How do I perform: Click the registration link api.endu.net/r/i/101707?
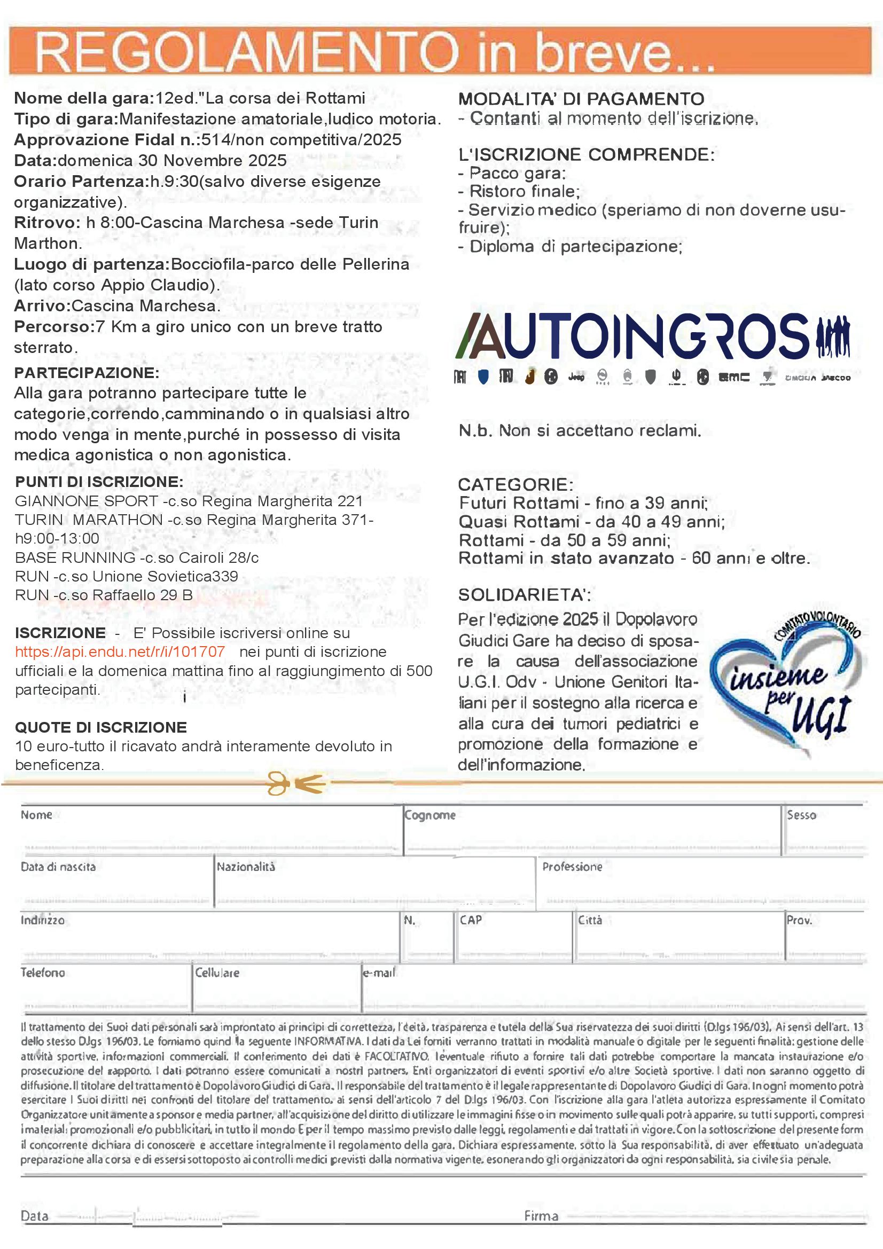coord(120,651)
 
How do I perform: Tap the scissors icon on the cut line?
coord(296,783)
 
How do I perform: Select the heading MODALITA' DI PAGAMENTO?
coord(581,99)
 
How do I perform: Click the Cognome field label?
coord(430,815)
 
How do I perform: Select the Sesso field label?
coord(801,815)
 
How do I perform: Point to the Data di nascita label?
coord(58,867)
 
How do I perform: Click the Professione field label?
coord(572,867)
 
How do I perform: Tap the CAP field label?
coord(471,920)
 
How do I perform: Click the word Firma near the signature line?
coord(541,1216)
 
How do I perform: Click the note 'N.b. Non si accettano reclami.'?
coord(580,431)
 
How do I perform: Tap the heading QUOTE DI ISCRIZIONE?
coord(100,727)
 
